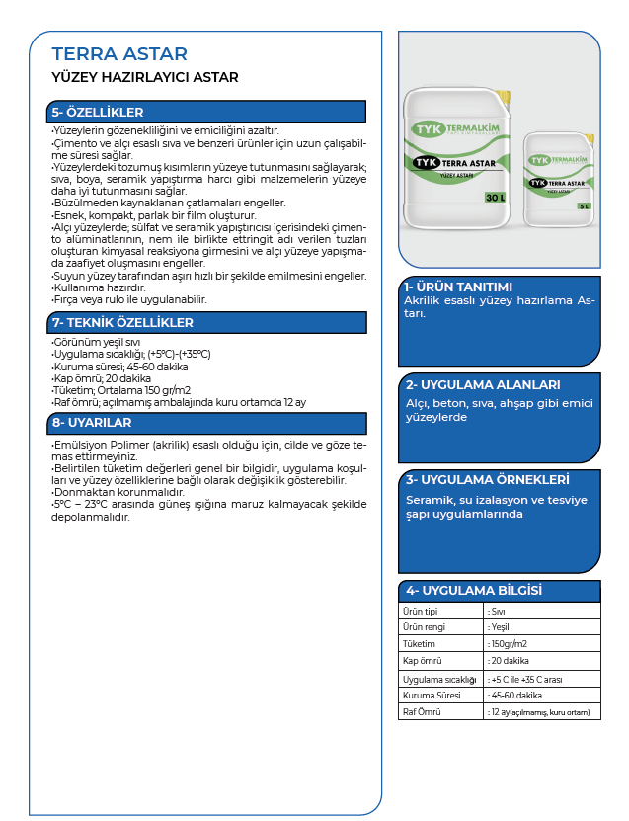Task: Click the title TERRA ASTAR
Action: pos(118,54)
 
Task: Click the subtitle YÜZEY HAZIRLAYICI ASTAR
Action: pos(144,76)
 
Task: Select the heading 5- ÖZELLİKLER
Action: pos(98,113)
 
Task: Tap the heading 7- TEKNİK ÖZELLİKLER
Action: pos(122,323)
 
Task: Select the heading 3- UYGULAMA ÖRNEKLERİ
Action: pos(488,479)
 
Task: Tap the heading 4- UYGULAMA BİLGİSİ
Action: pos(474,590)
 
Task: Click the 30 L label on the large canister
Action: pos(495,199)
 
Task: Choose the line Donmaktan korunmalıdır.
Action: pos(118,492)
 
